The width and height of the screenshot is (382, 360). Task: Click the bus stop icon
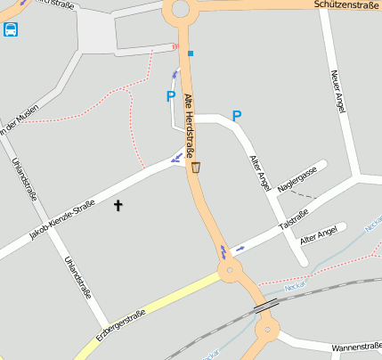tap(10, 29)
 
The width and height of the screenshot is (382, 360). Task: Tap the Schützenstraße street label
tap(347, 5)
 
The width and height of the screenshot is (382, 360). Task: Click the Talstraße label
tap(295, 215)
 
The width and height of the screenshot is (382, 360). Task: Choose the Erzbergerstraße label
tap(120, 326)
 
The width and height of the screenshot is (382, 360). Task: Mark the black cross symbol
tap(118, 206)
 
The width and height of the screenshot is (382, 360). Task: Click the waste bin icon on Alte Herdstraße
tap(196, 166)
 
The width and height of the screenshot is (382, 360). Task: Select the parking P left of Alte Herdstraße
tap(171, 96)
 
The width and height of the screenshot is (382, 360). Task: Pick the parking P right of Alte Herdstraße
tap(237, 116)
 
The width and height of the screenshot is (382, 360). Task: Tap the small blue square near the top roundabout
tap(190, 53)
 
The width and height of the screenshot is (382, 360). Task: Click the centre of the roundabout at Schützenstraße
tap(180, 10)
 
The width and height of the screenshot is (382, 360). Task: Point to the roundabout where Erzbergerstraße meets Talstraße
tap(230, 270)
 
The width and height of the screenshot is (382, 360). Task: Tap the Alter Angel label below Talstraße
tap(319, 235)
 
